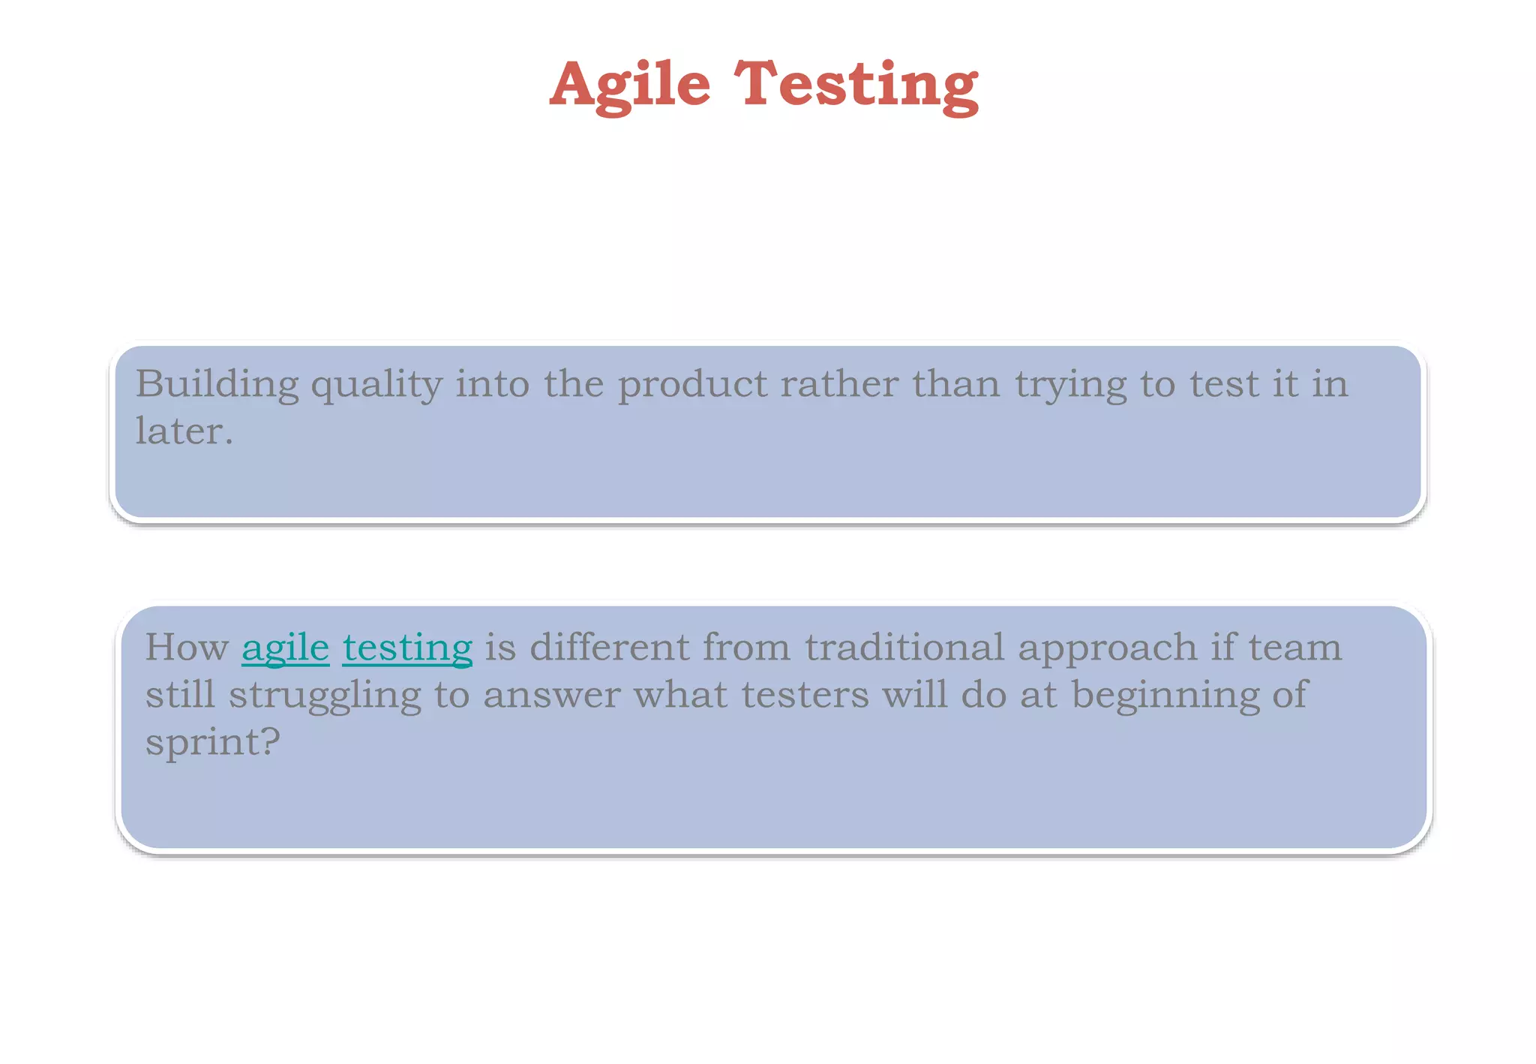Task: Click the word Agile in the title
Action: (629, 86)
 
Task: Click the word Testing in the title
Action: (856, 86)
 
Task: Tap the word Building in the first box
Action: (217, 384)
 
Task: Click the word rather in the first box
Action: (839, 384)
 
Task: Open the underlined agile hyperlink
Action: (285, 648)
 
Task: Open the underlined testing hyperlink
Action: (407, 648)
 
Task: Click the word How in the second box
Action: (187, 647)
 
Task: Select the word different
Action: (610, 647)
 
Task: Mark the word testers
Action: (805, 695)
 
